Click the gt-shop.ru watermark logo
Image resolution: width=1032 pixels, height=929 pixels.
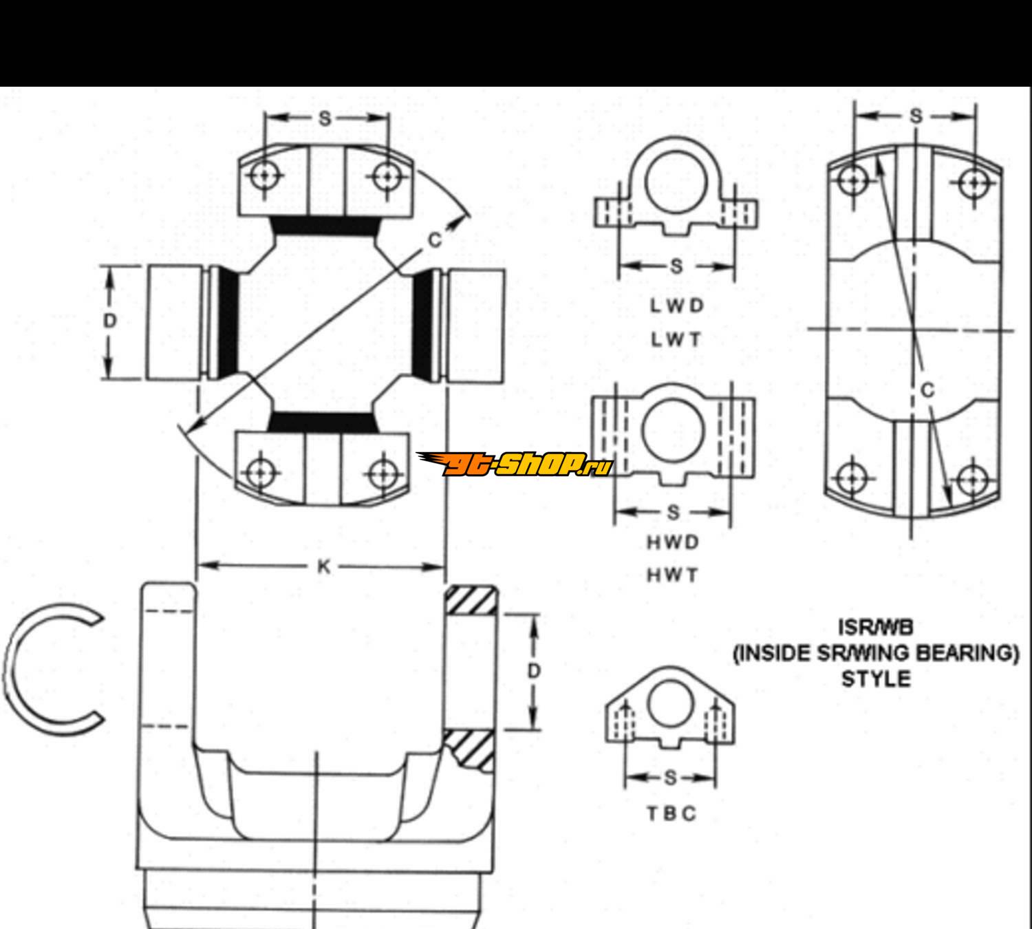(515, 464)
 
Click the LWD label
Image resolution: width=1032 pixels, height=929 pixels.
(676, 306)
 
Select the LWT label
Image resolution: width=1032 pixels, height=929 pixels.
(676, 340)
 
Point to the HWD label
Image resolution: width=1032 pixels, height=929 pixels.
(673, 542)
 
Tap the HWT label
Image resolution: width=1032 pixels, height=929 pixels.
(672, 575)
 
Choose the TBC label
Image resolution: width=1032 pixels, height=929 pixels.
(671, 813)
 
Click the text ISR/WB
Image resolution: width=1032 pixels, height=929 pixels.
(876, 628)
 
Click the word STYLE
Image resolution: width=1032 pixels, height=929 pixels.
(876, 679)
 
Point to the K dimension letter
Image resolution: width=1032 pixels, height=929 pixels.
(323, 567)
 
